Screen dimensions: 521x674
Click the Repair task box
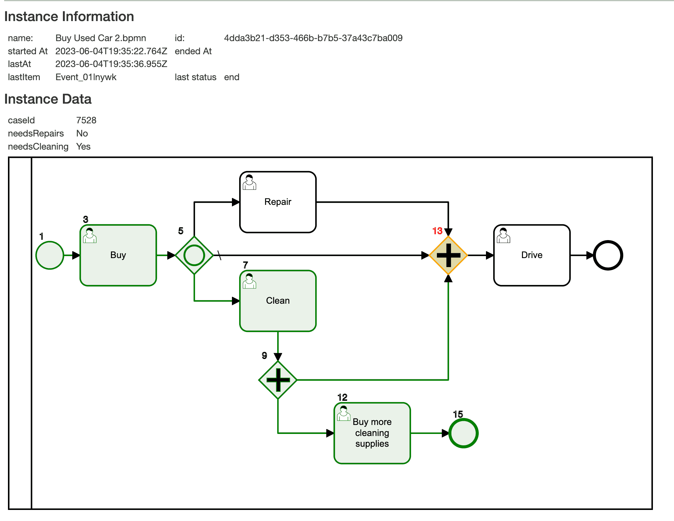pos(278,202)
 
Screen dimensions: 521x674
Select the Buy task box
pos(118,255)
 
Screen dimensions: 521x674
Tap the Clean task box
pos(278,301)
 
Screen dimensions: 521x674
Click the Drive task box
pos(532,255)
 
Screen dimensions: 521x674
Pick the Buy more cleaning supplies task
pos(372,433)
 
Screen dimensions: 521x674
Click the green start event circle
pos(50,255)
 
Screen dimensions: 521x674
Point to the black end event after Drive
pos(608,255)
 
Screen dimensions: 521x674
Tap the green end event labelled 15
pos(463,433)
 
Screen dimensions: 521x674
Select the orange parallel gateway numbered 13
pos(448,255)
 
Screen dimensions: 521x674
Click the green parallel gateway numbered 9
pos(278,380)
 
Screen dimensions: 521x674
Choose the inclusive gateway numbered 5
pos(194,255)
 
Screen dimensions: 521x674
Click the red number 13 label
pos(437,231)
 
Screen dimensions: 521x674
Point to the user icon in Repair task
pos(249,182)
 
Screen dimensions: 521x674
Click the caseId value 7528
pos(86,120)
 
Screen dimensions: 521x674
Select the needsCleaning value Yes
pos(83,146)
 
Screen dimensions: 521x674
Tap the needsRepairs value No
pos(82,133)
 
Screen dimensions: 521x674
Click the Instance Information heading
pos(69,17)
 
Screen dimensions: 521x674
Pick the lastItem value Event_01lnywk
pos(86,77)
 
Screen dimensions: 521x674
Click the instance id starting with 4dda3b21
pos(313,38)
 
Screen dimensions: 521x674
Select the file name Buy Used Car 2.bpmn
pos(101,38)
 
